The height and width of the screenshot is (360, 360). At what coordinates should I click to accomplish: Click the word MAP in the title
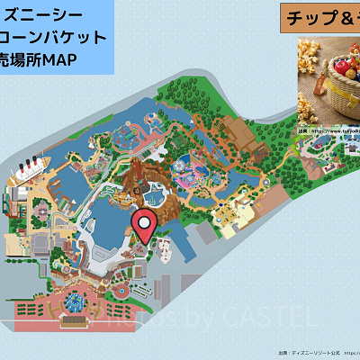click(59, 59)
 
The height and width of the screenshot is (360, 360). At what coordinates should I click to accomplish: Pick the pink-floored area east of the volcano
click(194, 171)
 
